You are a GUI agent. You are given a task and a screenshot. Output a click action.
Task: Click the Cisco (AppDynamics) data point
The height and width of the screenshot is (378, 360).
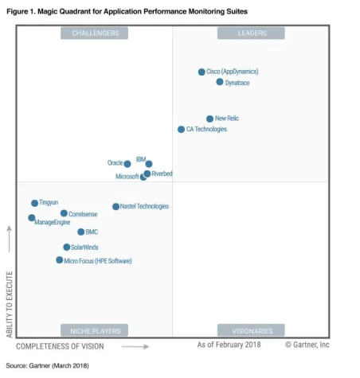pyautogui.click(x=202, y=72)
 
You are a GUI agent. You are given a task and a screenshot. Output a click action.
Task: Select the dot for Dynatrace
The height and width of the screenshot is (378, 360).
pyautogui.click(x=220, y=82)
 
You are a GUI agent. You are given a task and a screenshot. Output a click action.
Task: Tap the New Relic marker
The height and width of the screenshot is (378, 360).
pyautogui.click(x=210, y=119)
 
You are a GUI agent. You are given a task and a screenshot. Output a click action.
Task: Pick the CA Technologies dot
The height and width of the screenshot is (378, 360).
pyautogui.click(x=181, y=129)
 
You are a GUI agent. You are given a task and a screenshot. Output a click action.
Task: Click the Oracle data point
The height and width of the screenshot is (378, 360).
pyautogui.click(x=127, y=164)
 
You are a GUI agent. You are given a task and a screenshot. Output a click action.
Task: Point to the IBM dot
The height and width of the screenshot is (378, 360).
pyautogui.click(x=149, y=164)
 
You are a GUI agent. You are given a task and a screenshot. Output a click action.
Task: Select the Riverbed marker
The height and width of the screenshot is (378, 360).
pyautogui.click(x=147, y=173)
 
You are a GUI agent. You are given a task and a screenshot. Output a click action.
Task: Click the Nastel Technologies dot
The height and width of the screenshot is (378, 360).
pyautogui.click(x=115, y=207)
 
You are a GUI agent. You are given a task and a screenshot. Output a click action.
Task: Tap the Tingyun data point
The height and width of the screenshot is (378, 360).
pyautogui.click(x=34, y=204)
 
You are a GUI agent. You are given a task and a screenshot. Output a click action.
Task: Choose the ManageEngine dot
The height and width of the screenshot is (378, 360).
pyautogui.click(x=32, y=217)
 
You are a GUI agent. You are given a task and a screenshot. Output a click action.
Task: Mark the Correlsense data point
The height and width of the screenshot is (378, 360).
pyautogui.click(x=64, y=213)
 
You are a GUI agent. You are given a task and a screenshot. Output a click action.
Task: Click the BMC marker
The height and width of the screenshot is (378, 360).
pyautogui.click(x=81, y=232)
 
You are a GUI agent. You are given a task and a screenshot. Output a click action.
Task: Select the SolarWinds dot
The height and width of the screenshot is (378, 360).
pyautogui.click(x=67, y=247)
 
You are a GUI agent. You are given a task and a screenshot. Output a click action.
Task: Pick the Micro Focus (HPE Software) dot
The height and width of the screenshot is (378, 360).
pyautogui.click(x=60, y=260)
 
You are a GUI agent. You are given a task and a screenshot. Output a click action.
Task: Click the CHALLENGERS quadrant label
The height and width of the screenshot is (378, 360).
pyautogui.click(x=95, y=33)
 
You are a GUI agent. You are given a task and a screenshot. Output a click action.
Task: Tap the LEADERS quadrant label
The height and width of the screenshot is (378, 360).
pyautogui.click(x=252, y=33)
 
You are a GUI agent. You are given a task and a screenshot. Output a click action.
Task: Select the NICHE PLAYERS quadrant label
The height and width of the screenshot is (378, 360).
pyautogui.click(x=95, y=330)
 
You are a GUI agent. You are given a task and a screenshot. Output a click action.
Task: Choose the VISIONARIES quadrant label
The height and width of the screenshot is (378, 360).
pyautogui.click(x=252, y=330)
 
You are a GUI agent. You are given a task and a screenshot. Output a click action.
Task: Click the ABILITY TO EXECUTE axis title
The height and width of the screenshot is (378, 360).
pyautogui.click(x=10, y=304)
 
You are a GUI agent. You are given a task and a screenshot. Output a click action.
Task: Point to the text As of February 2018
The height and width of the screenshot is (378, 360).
pyautogui.click(x=229, y=345)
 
